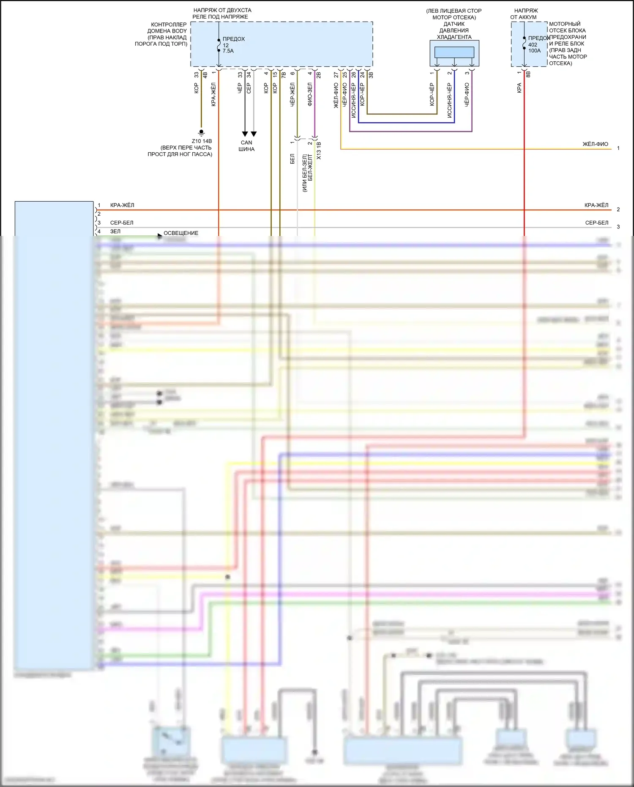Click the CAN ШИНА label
pyautogui.click(x=246, y=146)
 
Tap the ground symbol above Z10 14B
pyautogui.click(x=202, y=132)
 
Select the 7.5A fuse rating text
pyautogui.click(x=228, y=51)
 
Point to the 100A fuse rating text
pyautogui.click(x=534, y=51)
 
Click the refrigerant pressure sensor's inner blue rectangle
pyautogui.click(x=454, y=52)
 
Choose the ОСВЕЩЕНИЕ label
pyautogui.click(x=181, y=233)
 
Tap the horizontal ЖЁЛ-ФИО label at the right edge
pyautogui.click(x=595, y=144)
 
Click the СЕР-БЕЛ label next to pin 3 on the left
pyautogui.click(x=122, y=222)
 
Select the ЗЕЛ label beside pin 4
pyautogui.click(x=115, y=231)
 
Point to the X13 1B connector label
pyautogui.click(x=319, y=151)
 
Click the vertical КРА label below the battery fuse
pyautogui.click(x=519, y=88)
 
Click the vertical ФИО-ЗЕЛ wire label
pyautogui.click(x=310, y=94)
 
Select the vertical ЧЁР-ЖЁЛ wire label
pyautogui.click(x=292, y=94)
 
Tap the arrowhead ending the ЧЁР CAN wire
pyautogui.click(x=245, y=134)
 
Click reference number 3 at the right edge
pyautogui.click(x=618, y=227)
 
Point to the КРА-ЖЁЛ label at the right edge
pyautogui.click(x=596, y=205)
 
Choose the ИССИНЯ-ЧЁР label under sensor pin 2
pyautogui.click(x=449, y=100)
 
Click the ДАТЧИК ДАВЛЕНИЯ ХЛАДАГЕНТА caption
pyautogui.click(x=454, y=30)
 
